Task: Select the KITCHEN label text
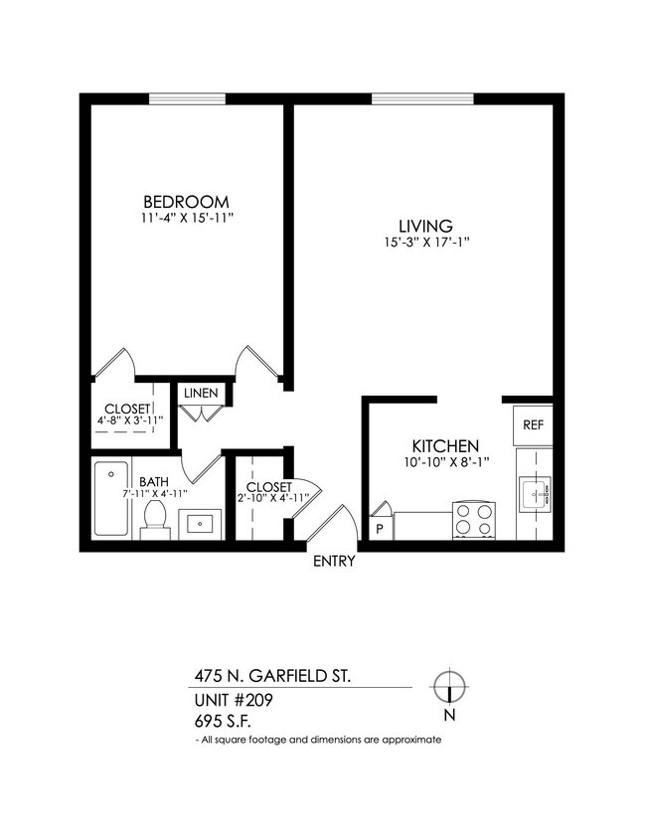(446, 446)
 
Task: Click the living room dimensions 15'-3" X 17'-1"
(425, 242)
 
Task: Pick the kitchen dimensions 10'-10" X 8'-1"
(446, 463)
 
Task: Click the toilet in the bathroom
(154, 519)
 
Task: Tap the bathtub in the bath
(109, 498)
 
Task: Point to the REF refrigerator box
(533, 424)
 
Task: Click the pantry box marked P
(380, 528)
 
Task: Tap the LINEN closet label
(201, 394)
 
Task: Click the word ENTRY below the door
(334, 561)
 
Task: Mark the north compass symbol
(449, 687)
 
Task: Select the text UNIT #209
(234, 700)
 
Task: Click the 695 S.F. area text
(224, 721)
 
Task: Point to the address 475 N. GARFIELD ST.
(271, 676)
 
